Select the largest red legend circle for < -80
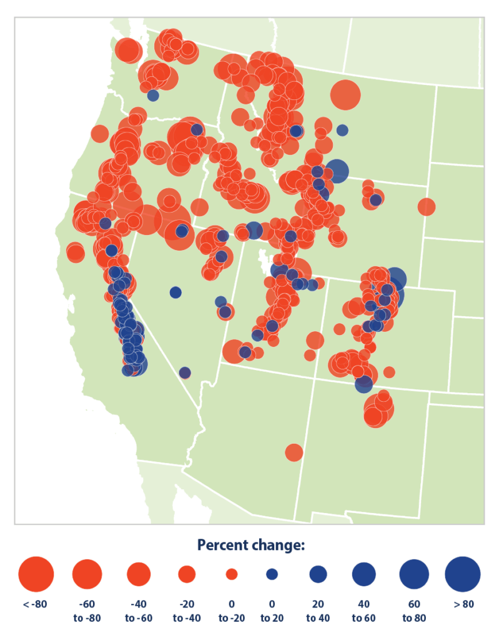tap(36, 574)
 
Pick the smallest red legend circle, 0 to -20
tap(232, 574)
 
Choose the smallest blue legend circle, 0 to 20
tap(272, 574)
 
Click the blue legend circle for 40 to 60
tap(363, 574)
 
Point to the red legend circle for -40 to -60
tap(139, 574)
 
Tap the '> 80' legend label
tap(462, 604)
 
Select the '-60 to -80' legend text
tap(87, 609)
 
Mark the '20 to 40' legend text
tap(318, 609)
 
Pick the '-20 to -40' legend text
tap(187, 609)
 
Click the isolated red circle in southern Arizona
tap(294, 452)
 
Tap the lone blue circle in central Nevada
tap(175, 292)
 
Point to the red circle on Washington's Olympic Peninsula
tap(127, 50)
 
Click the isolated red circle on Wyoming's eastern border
tap(427, 206)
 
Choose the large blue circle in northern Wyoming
tap(337, 170)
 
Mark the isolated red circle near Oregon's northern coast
tap(100, 133)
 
